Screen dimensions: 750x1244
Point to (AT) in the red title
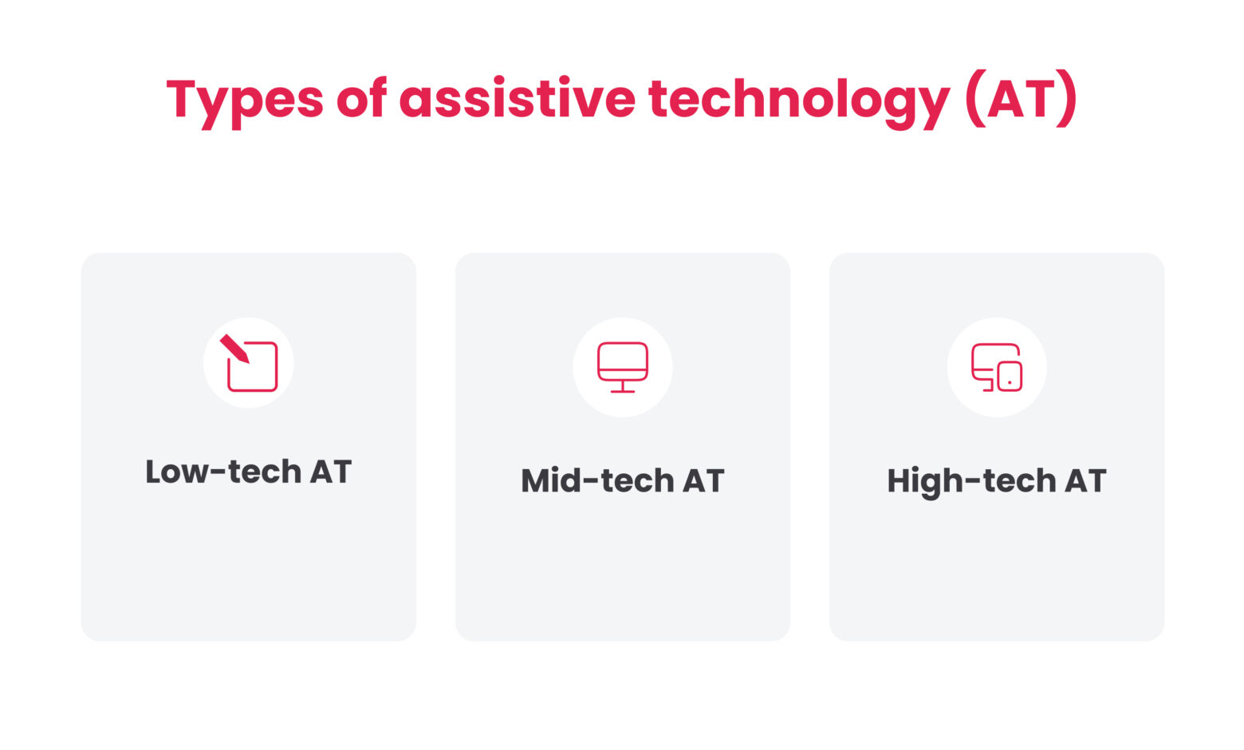[x=1020, y=99]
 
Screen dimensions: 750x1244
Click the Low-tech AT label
[x=248, y=472]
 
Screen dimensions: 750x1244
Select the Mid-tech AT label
[x=622, y=481]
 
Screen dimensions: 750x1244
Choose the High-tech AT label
[x=996, y=481]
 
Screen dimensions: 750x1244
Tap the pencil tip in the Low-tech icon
[x=244, y=358]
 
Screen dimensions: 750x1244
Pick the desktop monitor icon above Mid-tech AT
[x=623, y=367]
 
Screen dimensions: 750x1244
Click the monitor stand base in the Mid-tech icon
[x=623, y=391]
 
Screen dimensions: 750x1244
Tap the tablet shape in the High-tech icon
[x=1010, y=377]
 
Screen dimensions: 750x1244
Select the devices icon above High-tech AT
[x=996, y=367]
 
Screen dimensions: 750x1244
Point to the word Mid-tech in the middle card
[x=596, y=481]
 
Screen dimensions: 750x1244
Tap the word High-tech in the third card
[x=970, y=481]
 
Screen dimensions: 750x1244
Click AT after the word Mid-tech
[x=703, y=481]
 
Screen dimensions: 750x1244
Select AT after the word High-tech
[x=1085, y=481]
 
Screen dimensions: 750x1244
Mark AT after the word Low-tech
[x=330, y=472]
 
